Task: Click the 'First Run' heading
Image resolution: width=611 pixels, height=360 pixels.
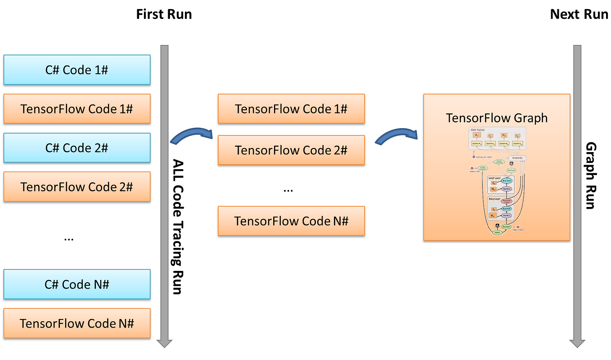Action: (x=164, y=14)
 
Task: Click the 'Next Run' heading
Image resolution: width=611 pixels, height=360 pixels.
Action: (x=579, y=14)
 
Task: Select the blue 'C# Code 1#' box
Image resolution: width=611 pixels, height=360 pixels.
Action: (x=77, y=70)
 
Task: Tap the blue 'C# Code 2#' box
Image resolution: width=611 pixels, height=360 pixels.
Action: (x=77, y=148)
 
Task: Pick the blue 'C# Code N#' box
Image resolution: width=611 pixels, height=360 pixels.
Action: (x=77, y=284)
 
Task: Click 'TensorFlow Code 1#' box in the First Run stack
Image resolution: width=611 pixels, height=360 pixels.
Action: (x=77, y=109)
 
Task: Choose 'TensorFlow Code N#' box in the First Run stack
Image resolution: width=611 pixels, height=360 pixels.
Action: (x=77, y=323)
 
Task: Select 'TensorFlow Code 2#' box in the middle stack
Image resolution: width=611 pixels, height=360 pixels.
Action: (x=291, y=150)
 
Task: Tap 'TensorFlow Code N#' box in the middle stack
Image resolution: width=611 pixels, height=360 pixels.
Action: (x=291, y=221)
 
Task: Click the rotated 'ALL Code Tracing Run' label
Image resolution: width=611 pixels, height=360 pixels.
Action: (x=178, y=227)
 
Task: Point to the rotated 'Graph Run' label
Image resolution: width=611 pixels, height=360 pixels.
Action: (x=590, y=175)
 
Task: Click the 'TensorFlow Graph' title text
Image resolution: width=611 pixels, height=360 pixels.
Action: (x=497, y=118)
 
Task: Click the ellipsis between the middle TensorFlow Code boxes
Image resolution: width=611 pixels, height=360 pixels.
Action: (x=288, y=189)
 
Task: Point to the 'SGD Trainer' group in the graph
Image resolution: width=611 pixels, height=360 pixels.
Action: (x=497, y=139)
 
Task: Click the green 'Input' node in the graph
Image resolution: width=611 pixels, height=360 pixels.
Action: (x=497, y=233)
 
